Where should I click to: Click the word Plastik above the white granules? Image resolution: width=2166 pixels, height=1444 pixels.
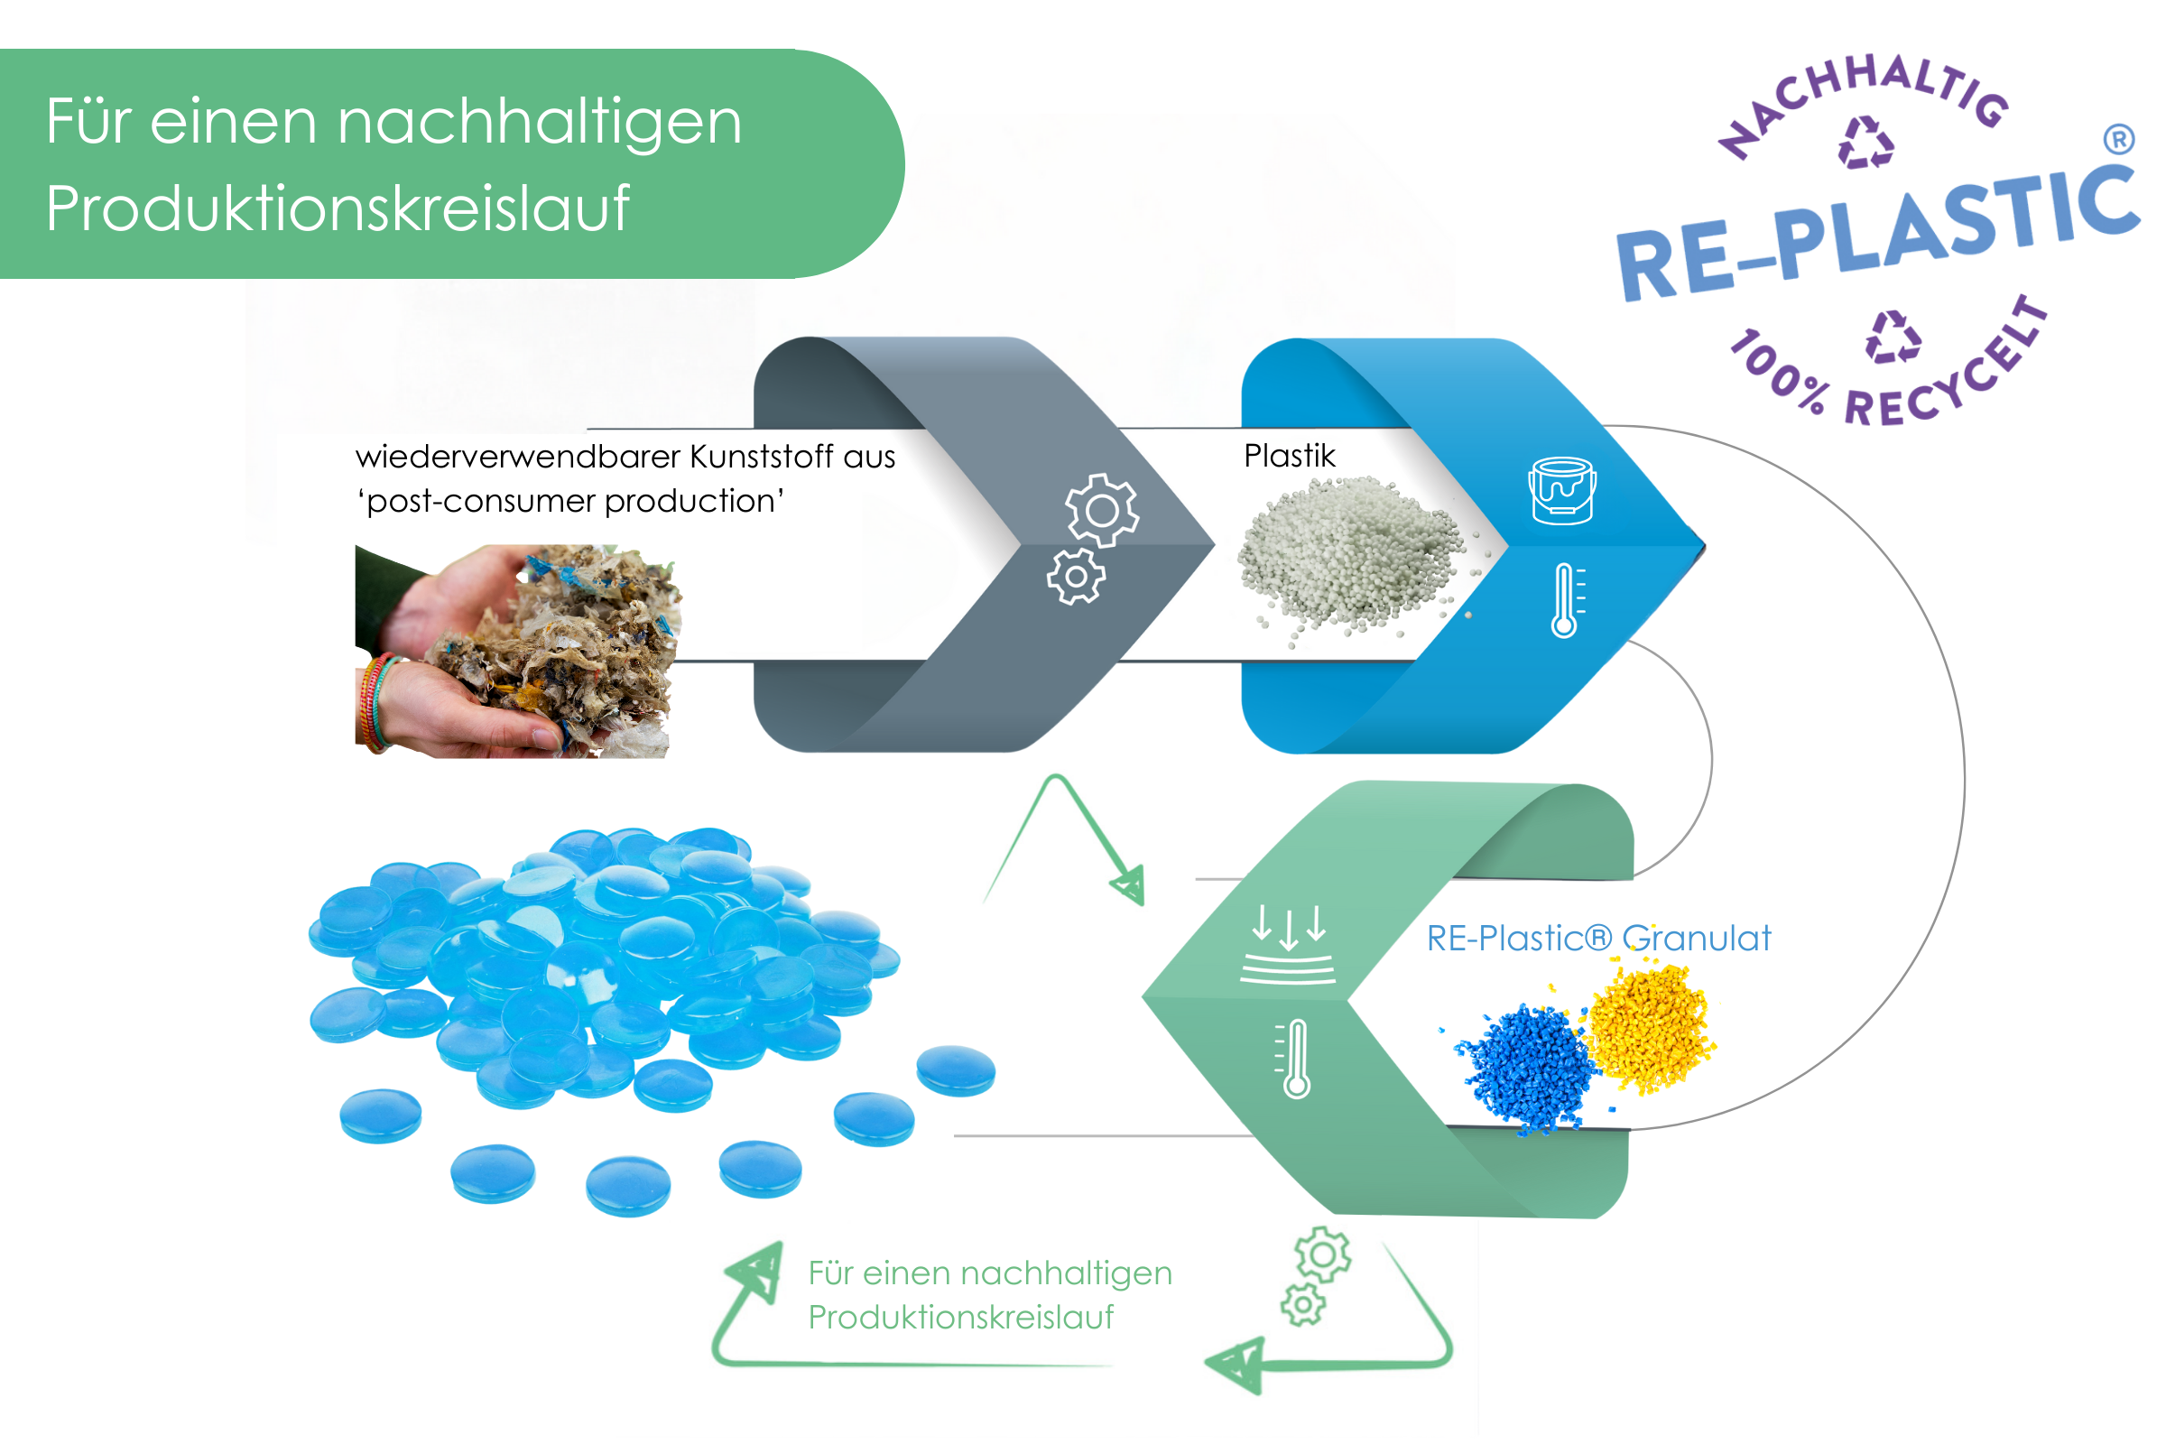[1289, 456]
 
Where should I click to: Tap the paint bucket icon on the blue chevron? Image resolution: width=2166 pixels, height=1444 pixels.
[1562, 491]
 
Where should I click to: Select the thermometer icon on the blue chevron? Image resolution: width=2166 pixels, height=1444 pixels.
[1566, 600]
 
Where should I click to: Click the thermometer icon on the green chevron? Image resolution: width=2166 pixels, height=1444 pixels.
[1295, 1058]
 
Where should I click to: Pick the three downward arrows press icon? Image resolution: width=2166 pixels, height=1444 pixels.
[1289, 944]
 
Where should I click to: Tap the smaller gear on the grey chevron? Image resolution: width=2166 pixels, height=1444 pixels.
[1075, 577]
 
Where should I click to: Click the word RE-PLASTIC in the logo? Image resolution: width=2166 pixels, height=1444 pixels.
[1879, 234]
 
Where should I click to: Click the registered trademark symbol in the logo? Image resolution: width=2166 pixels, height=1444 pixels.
[2118, 139]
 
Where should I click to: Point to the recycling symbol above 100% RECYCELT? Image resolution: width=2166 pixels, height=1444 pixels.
[1893, 336]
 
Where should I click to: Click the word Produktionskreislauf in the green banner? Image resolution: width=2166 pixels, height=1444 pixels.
[337, 208]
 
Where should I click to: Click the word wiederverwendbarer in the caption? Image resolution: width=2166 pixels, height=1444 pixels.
[517, 457]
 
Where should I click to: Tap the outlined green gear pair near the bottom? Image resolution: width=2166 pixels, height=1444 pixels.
[1314, 1274]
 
